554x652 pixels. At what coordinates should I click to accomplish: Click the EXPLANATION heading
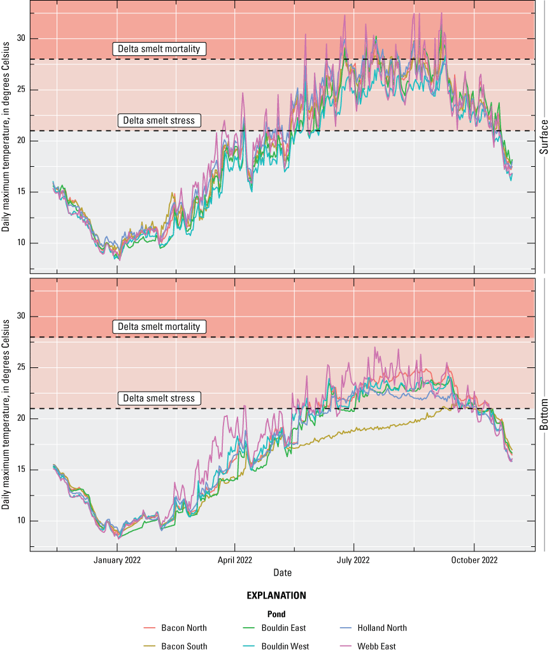click(x=276, y=596)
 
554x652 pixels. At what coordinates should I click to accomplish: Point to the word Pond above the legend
click(x=276, y=614)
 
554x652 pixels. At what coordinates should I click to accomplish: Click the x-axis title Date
click(x=283, y=572)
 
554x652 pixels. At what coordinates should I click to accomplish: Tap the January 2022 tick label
click(x=117, y=561)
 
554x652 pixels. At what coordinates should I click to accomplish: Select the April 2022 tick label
click(x=235, y=561)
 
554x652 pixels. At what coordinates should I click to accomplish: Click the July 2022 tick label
click(x=353, y=561)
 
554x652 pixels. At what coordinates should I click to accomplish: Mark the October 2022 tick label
click(x=474, y=561)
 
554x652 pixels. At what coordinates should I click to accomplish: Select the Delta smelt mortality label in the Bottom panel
click(x=158, y=327)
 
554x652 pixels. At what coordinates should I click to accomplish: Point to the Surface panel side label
click(x=544, y=137)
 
